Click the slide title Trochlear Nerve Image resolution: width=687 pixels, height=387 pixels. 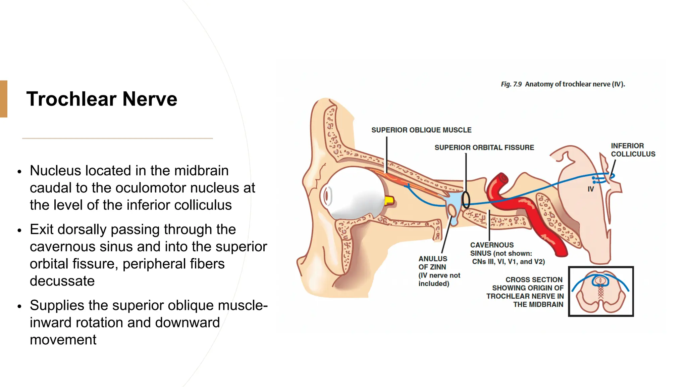click(x=102, y=99)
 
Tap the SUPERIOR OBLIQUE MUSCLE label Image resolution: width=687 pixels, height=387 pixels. click(x=421, y=130)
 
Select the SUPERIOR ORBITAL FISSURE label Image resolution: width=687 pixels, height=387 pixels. click(x=484, y=147)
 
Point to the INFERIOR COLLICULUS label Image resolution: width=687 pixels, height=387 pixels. click(x=632, y=150)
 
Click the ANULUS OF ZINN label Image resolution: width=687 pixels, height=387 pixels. click(x=433, y=263)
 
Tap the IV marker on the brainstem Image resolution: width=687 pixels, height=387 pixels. click(x=591, y=189)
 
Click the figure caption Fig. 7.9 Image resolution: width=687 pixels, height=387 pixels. click(x=563, y=84)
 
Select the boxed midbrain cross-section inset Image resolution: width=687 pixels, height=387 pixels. click(x=600, y=291)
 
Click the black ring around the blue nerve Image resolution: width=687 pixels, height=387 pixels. click(x=466, y=200)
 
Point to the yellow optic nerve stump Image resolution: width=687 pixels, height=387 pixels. click(x=389, y=201)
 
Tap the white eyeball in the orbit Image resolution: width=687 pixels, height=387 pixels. click(x=356, y=193)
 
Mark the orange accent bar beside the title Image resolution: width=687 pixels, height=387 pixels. click(x=3, y=99)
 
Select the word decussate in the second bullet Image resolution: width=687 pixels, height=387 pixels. click(x=62, y=281)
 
